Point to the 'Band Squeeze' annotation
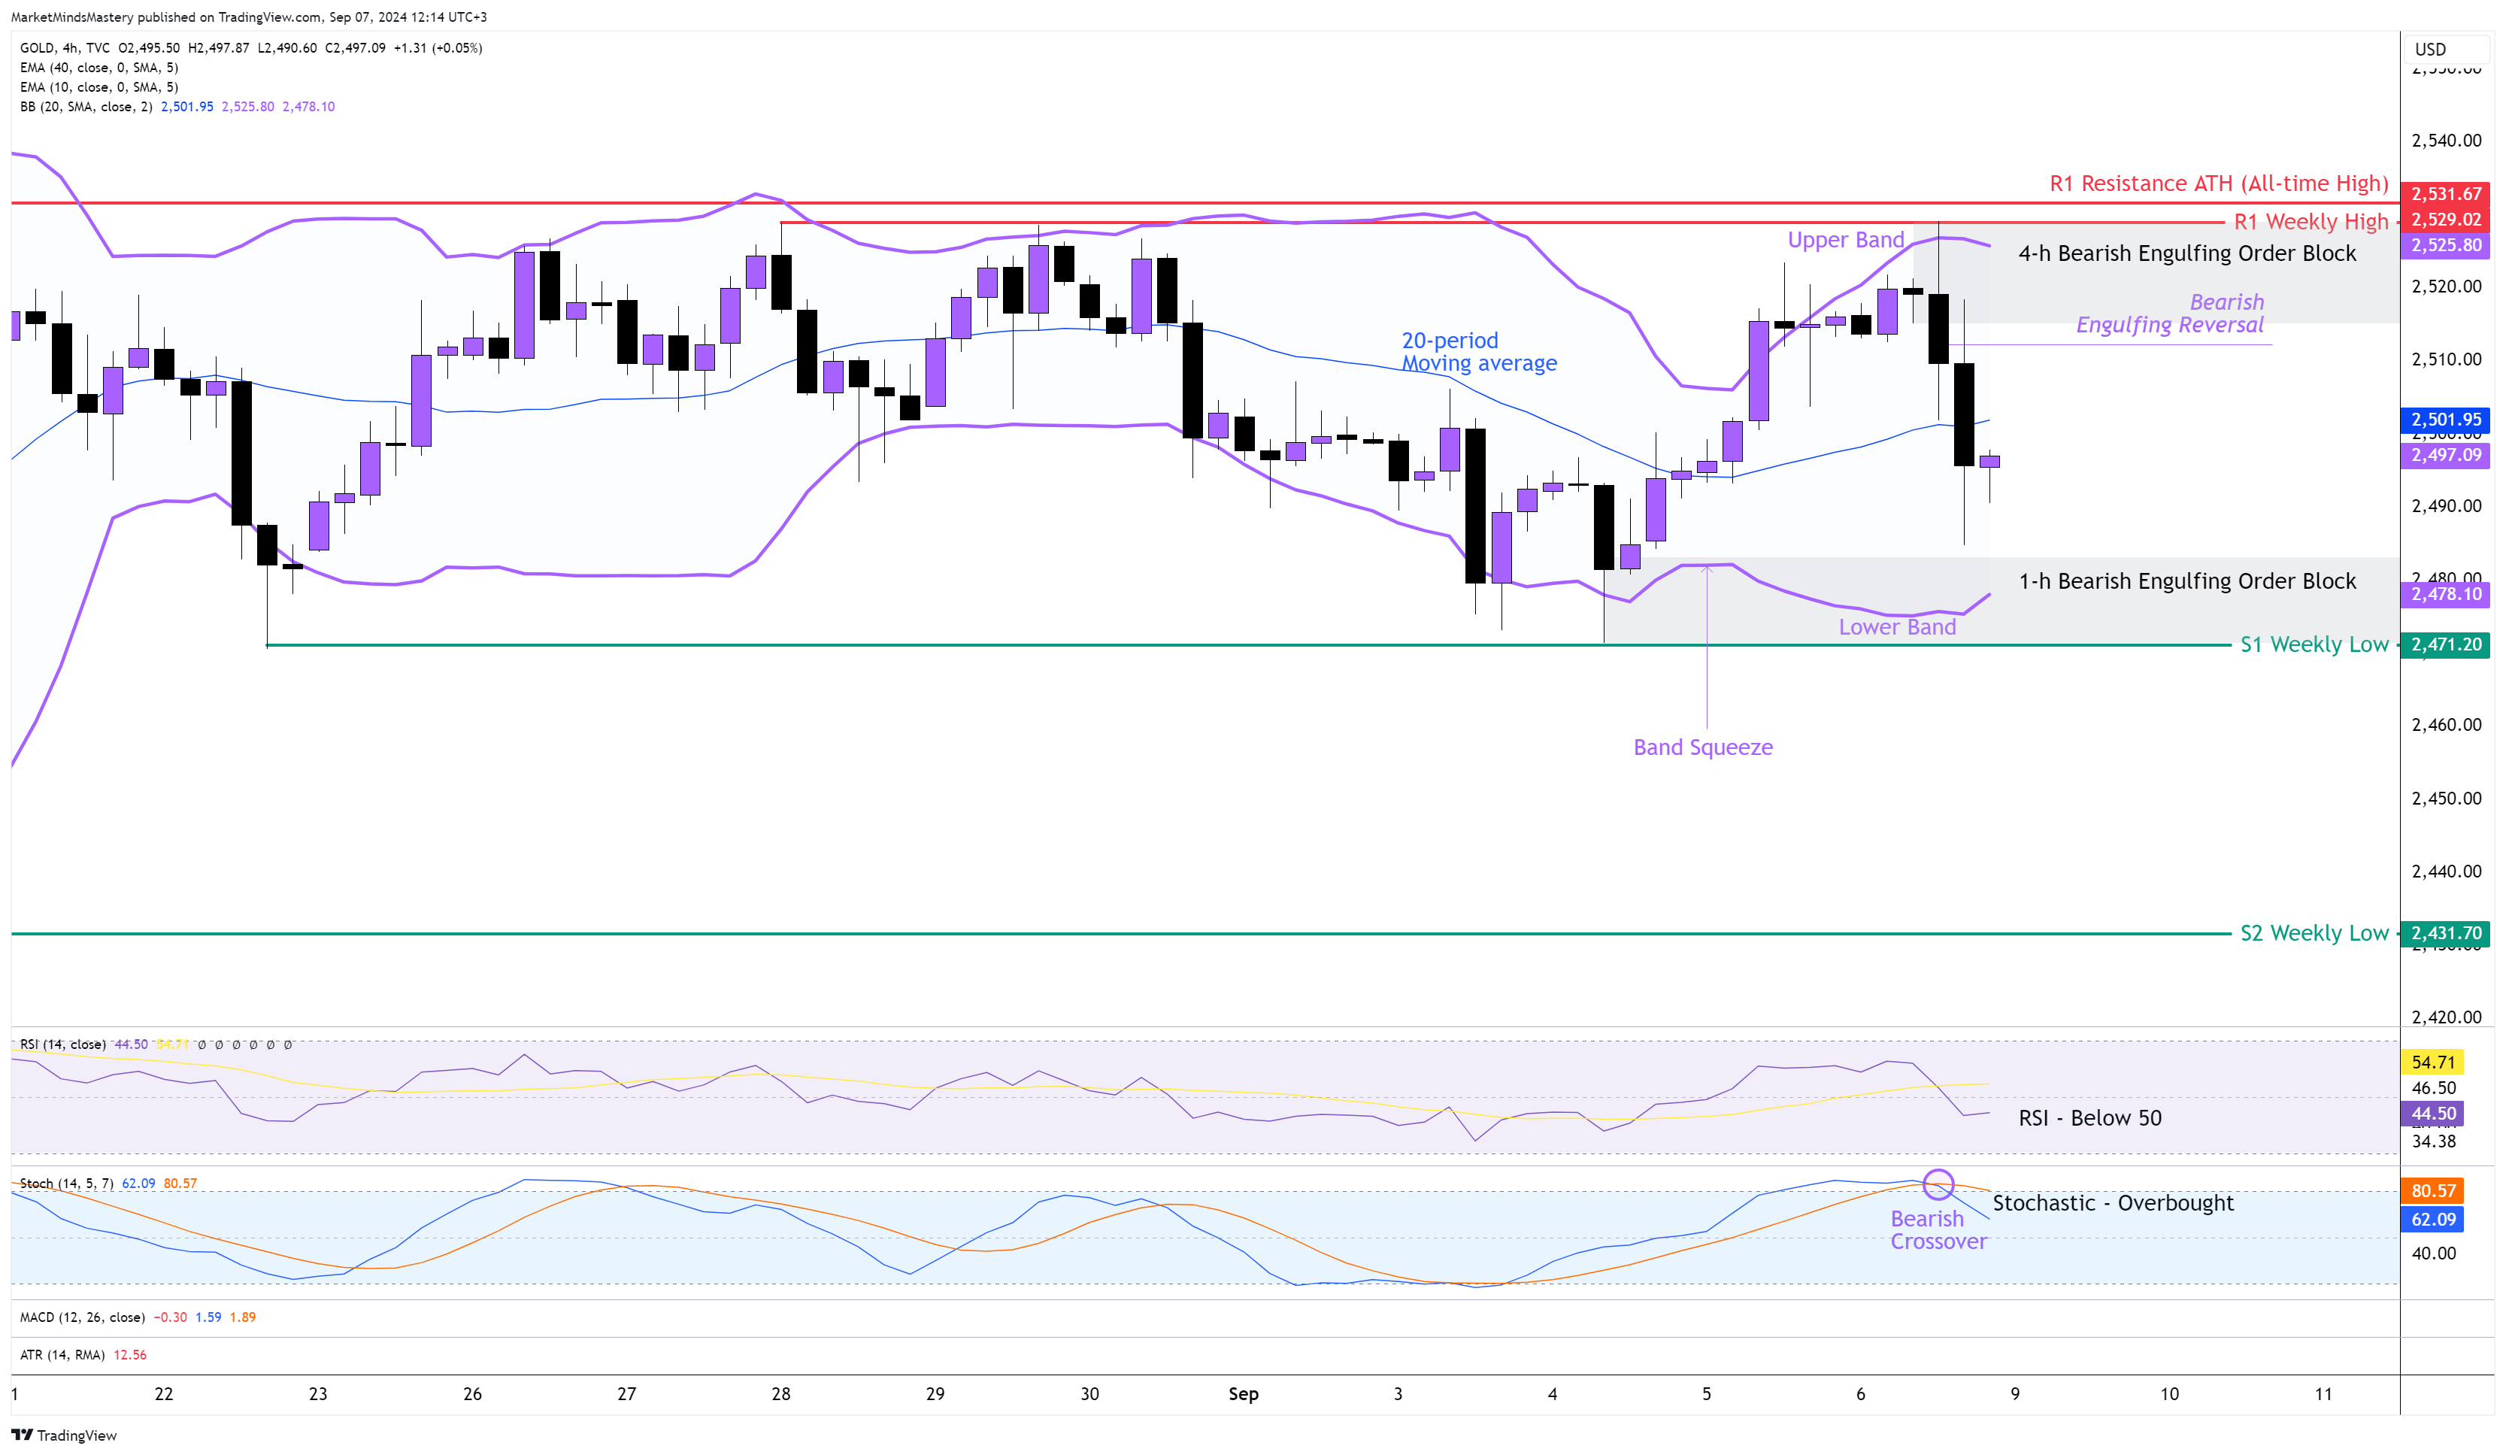tap(1702, 747)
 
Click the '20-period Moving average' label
tap(1479, 352)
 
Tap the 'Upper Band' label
tap(1844, 240)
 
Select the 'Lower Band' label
tap(1896, 626)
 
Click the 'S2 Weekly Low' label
tap(2313, 933)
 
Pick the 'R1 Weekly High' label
tap(2310, 222)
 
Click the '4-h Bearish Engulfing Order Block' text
tap(2186, 253)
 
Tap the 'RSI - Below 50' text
tap(2089, 1118)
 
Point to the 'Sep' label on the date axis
tap(1243, 1393)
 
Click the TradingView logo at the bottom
tap(65, 1435)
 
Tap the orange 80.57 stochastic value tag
tap(2433, 1190)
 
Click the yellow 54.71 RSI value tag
tap(2432, 1062)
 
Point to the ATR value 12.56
tap(130, 1354)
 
